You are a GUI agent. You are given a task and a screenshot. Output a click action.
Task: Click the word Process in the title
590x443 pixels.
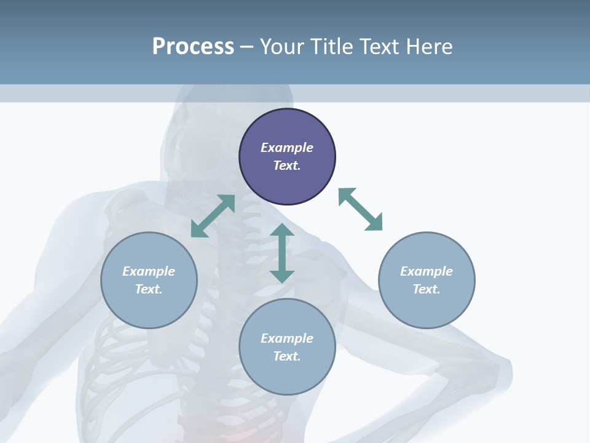[193, 47]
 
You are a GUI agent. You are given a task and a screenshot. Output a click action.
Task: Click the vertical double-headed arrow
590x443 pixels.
[282, 253]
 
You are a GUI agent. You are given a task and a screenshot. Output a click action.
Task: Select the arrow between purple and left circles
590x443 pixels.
[213, 216]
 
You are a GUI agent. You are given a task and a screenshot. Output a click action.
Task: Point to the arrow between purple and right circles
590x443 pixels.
[360, 209]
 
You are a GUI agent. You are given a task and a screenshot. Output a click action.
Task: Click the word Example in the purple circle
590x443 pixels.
[287, 148]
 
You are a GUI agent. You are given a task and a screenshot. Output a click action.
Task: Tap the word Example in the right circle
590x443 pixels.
[427, 271]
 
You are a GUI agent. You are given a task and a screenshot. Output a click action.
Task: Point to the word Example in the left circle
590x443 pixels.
[149, 271]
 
